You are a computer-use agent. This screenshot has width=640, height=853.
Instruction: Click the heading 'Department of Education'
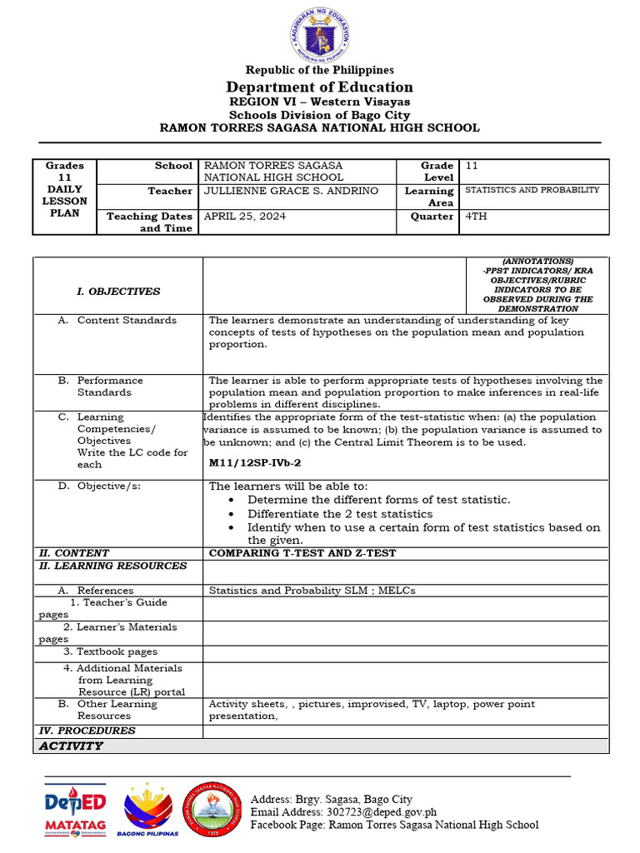pos(320,87)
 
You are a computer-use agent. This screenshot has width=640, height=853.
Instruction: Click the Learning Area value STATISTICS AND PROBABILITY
pos(532,190)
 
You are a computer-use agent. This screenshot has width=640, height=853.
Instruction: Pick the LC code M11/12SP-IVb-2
pos(255,461)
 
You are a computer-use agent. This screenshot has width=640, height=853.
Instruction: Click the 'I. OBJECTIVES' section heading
pos(118,292)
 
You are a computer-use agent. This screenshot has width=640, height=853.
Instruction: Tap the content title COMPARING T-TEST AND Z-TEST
pos(302,553)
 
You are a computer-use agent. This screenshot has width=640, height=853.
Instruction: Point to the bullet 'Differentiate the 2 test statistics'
pos(340,514)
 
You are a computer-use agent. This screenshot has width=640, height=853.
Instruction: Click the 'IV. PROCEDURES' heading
pos(87,731)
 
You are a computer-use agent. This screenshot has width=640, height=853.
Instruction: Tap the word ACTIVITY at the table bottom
pos(71,746)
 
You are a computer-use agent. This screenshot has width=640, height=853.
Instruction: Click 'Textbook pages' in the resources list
pos(111,651)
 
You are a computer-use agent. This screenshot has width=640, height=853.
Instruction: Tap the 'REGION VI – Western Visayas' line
pos(320,102)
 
